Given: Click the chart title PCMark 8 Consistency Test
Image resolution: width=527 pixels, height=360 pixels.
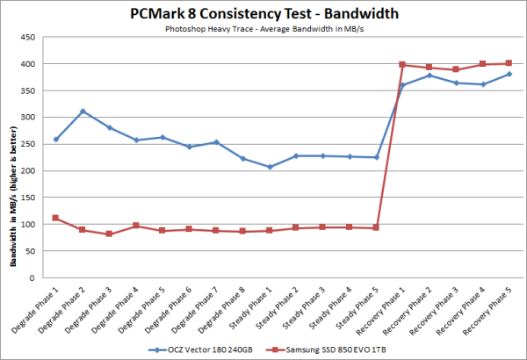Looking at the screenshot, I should (x=263, y=13).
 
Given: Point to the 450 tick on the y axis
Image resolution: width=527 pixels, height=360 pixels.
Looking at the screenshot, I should (x=30, y=38).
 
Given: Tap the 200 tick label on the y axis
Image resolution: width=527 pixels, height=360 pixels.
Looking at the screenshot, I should (x=30, y=171).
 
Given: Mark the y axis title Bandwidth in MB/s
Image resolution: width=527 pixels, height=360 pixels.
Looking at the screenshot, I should (x=11, y=158).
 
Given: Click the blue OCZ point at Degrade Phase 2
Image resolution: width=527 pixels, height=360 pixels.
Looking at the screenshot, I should (x=83, y=112).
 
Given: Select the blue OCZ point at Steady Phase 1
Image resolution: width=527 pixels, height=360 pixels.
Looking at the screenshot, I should (x=270, y=167).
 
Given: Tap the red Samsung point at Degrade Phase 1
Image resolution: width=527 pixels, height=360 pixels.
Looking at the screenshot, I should (x=56, y=218).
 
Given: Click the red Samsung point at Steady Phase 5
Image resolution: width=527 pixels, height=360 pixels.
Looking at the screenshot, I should (x=376, y=227).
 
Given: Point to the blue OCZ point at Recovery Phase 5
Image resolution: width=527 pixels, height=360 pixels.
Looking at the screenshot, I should (x=509, y=74).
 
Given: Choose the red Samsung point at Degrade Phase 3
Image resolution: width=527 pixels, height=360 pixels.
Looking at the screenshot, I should (x=109, y=234).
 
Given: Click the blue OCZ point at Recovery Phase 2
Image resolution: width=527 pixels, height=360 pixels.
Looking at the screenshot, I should (x=430, y=76).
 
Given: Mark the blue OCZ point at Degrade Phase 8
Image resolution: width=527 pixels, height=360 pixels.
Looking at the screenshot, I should (x=243, y=159).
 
